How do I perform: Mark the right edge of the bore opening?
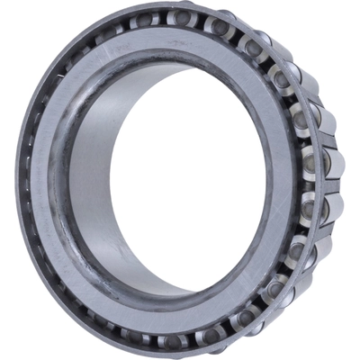(269, 180)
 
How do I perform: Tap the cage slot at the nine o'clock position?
(31, 184)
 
